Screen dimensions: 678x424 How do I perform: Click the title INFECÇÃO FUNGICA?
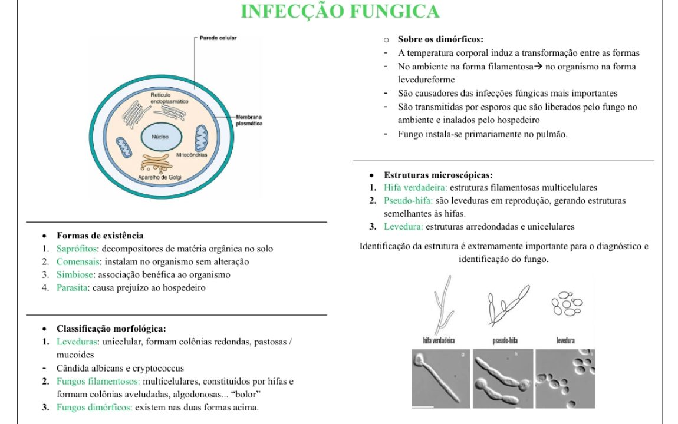[340, 11]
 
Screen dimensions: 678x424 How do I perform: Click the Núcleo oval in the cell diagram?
[162, 137]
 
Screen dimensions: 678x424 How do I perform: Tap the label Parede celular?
[218, 38]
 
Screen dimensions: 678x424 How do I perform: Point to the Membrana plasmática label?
[249, 120]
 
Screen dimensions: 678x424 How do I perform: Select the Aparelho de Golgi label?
[160, 177]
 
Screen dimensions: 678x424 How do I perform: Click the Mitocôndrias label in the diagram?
[192, 154]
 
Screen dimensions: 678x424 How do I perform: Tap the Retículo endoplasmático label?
[169, 98]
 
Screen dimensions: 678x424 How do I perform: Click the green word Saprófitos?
[77, 249]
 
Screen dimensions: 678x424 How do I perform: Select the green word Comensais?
[78, 261]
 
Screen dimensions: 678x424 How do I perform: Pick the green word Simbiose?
[75, 274]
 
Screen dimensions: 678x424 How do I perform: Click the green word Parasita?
[72, 287]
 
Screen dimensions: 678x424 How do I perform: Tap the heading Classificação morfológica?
[111, 329]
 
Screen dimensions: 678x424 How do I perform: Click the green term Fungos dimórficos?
[94, 407]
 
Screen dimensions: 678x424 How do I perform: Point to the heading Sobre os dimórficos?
[440, 39]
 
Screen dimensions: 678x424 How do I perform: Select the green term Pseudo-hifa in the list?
[408, 200]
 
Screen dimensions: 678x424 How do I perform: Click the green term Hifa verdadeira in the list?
[414, 187]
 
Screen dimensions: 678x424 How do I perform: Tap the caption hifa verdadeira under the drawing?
[439, 340]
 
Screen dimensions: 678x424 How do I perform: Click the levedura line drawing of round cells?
[567, 303]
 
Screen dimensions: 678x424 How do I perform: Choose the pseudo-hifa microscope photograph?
[503, 379]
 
